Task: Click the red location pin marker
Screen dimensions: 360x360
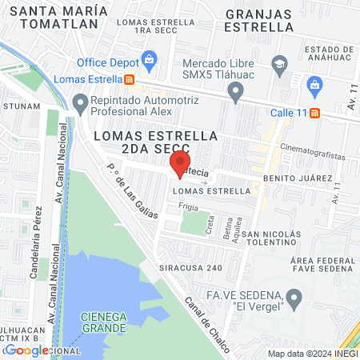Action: [177, 166]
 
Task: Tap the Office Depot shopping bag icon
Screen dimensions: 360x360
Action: [149, 58]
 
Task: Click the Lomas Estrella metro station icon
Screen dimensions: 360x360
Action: [129, 79]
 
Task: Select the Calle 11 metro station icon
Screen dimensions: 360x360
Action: [315, 112]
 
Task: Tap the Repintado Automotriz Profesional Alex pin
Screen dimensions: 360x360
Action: [80, 102]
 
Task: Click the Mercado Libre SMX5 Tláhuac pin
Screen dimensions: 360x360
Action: [235, 94]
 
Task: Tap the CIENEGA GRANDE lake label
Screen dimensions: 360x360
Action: [103, 323]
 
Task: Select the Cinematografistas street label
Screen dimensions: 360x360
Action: [310, 147]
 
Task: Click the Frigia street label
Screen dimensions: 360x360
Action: [189, 206]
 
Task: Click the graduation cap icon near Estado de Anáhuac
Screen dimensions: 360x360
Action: [279, 63]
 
